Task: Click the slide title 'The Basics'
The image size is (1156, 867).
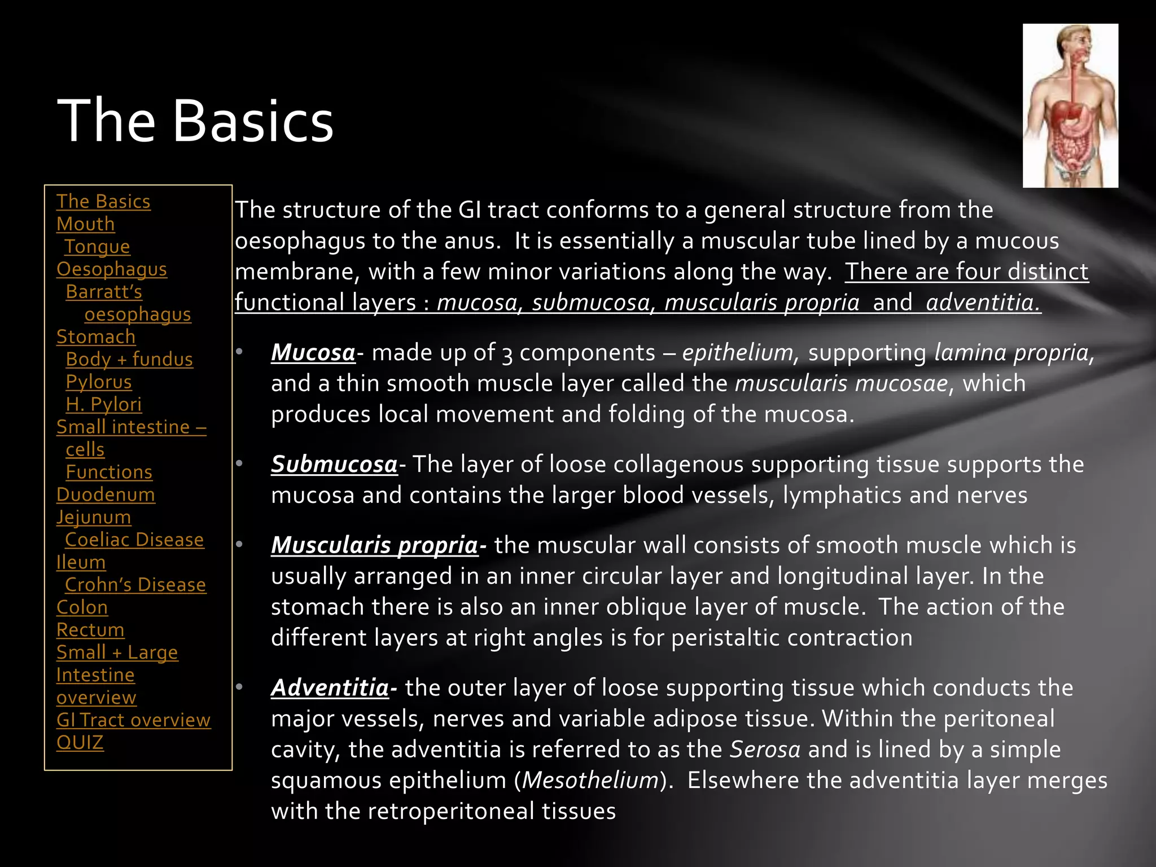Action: tap(195, 121)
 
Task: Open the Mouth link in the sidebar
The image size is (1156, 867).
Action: tap(85, 224)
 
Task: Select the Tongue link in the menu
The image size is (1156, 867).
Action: tap(97, 247)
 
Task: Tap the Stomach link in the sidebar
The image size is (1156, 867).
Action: tap(96, 337)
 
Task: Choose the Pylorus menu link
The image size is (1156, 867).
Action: tap(99, 382)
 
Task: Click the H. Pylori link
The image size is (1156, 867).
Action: tap(103, 405)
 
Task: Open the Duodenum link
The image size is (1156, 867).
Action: tap(106, 495)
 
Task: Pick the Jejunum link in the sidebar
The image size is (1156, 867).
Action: tap(94, 518)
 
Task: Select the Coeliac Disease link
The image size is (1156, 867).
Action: tap(134, 540)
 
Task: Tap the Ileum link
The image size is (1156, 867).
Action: tap(81, 563)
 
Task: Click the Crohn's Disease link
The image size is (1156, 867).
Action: tap(135, 585)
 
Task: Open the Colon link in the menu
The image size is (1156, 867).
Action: tap(82, 608)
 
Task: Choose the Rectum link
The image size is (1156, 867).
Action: tap(90, 630)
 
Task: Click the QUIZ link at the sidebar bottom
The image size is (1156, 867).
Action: tap(80, 743)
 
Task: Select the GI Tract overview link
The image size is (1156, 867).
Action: tap(133, 720)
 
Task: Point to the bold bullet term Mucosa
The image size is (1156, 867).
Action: tap(313, 353)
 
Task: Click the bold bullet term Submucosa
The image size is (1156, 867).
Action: tap(334, 465)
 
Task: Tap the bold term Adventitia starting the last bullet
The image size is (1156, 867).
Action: tap(330, 688)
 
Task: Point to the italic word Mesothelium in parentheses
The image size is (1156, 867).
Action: tap(590, 781)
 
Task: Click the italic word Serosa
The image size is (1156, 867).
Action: tap(765, 750)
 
